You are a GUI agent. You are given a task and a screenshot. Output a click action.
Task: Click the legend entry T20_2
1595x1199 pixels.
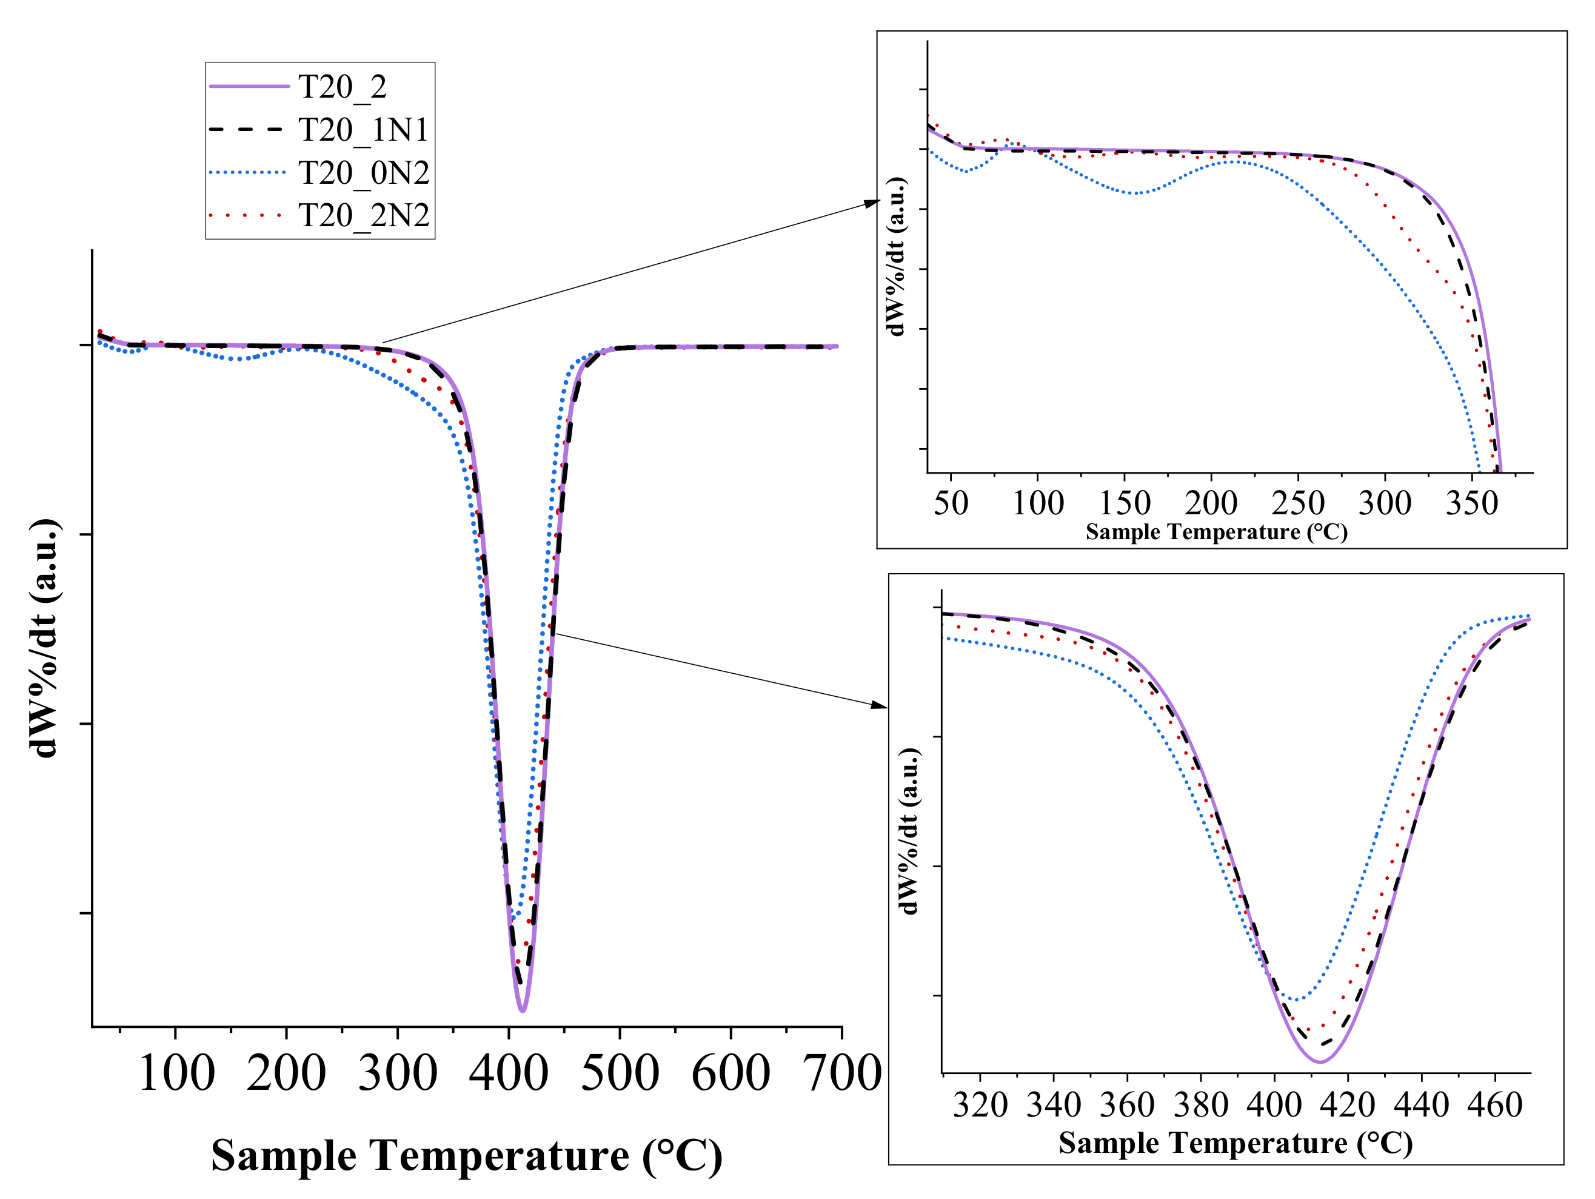[x=343, y=87]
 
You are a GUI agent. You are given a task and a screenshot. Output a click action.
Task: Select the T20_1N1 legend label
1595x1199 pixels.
[x=363, y=130]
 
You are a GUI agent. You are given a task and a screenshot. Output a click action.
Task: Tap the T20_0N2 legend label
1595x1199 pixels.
[x=363, y=173]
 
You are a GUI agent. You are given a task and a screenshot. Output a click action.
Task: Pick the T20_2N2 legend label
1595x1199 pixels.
[x=363, y=216]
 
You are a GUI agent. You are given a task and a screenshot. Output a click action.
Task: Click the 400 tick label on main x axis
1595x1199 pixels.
[x=509, y=1073]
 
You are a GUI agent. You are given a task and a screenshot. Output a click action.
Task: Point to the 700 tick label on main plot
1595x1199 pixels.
[x=841, y=1073]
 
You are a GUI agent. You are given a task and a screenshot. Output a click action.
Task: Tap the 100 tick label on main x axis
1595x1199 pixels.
[x=176, y=1073]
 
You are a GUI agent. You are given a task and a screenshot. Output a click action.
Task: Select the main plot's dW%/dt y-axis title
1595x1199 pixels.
[x=45, y=638]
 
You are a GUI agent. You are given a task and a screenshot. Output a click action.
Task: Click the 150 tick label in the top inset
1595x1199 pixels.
[x=1124, y=503]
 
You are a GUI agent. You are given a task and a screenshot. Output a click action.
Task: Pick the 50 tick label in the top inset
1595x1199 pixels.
[x=951, y=503]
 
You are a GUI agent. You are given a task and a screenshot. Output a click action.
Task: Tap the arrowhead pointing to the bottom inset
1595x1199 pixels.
[x=880, y=705]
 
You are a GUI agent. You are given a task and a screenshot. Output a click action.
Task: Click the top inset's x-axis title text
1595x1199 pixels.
[x=1217, y=532]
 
